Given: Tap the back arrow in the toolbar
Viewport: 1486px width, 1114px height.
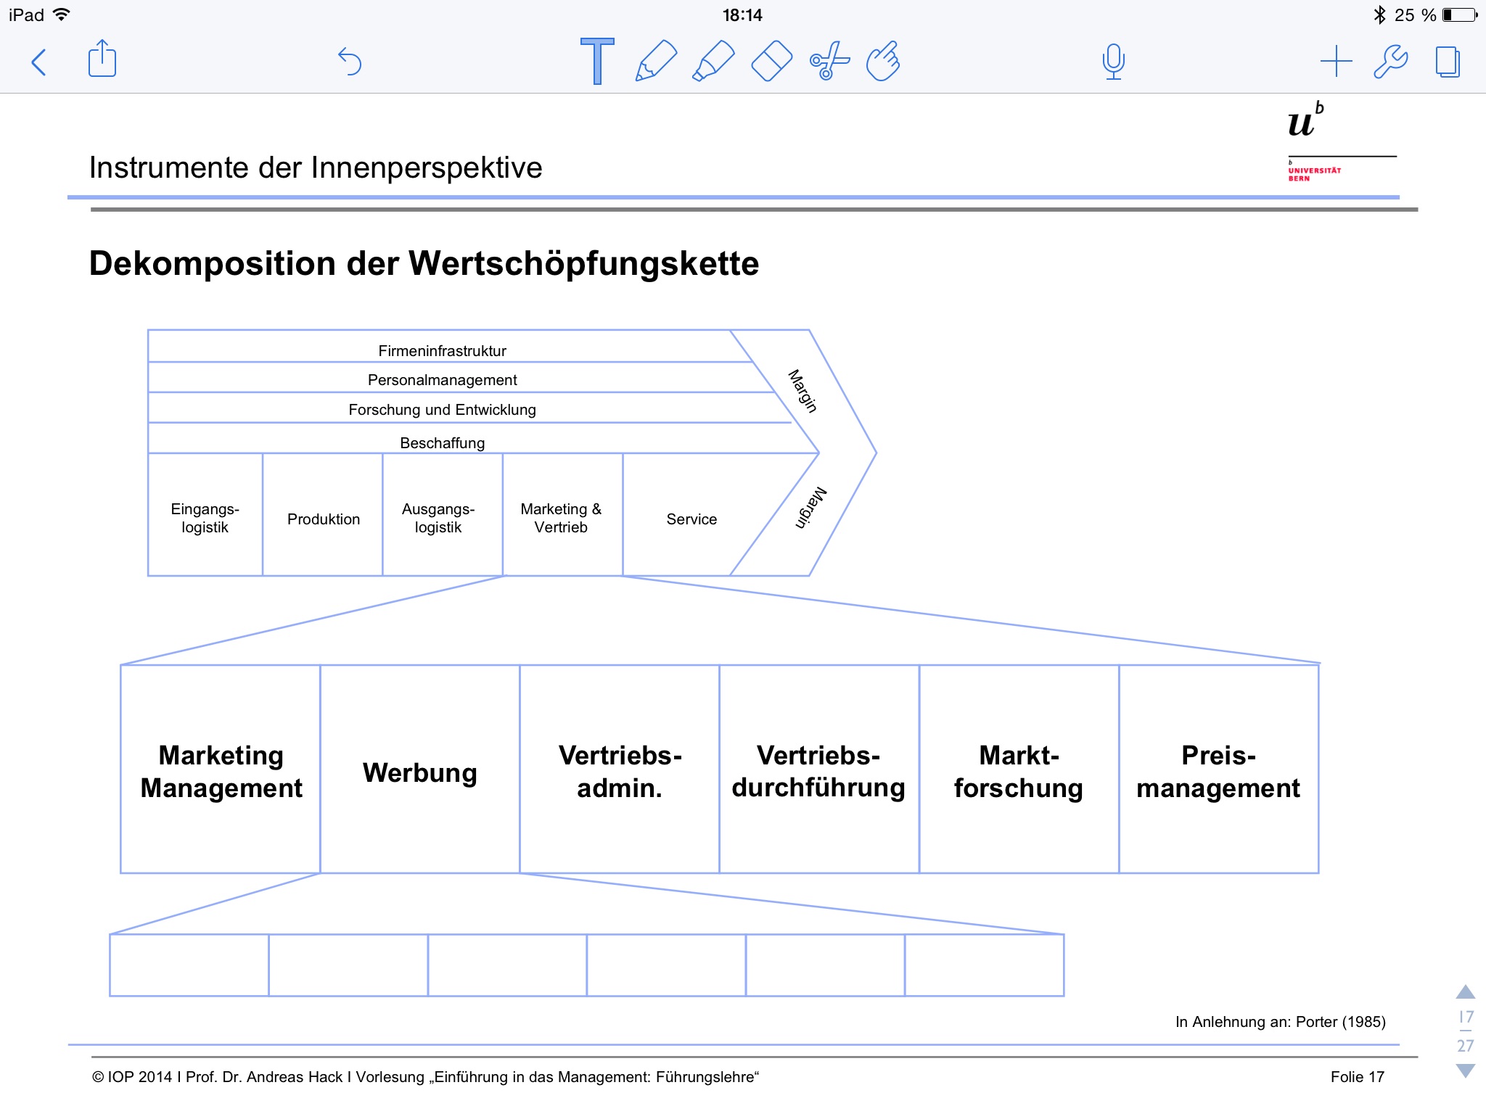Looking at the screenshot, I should click(39, 62).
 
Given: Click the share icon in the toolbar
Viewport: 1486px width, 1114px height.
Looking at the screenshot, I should click(102, 59).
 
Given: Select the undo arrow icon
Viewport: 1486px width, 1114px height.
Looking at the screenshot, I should click(350, 62).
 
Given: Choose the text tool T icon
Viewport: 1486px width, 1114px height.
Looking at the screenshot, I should click(597, 61).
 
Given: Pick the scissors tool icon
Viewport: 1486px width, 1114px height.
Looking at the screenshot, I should click(829, 61).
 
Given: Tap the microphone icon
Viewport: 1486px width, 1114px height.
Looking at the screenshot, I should click(1113, 62).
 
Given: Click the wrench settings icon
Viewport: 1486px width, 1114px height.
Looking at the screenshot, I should click(1390, 62).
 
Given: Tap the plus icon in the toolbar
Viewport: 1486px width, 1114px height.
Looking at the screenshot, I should click(1336, 62).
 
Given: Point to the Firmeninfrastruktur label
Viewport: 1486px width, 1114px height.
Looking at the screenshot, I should click(442, 351).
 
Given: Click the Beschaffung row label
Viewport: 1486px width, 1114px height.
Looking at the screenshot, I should click(442, 443).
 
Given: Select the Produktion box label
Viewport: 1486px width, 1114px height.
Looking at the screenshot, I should click(324, 519).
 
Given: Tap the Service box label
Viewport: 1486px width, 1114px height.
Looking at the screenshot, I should click(691, 519).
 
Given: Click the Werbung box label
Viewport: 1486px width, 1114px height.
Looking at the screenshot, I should click(420, 772).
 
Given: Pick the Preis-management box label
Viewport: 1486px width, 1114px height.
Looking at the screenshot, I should click(1218, 772).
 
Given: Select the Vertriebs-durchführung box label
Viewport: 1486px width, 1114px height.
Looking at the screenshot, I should click(818, 772).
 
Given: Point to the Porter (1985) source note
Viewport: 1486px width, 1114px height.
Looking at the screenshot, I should click(1280, 1022).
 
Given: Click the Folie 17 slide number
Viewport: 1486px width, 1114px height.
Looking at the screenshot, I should click(1357, 1077).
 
